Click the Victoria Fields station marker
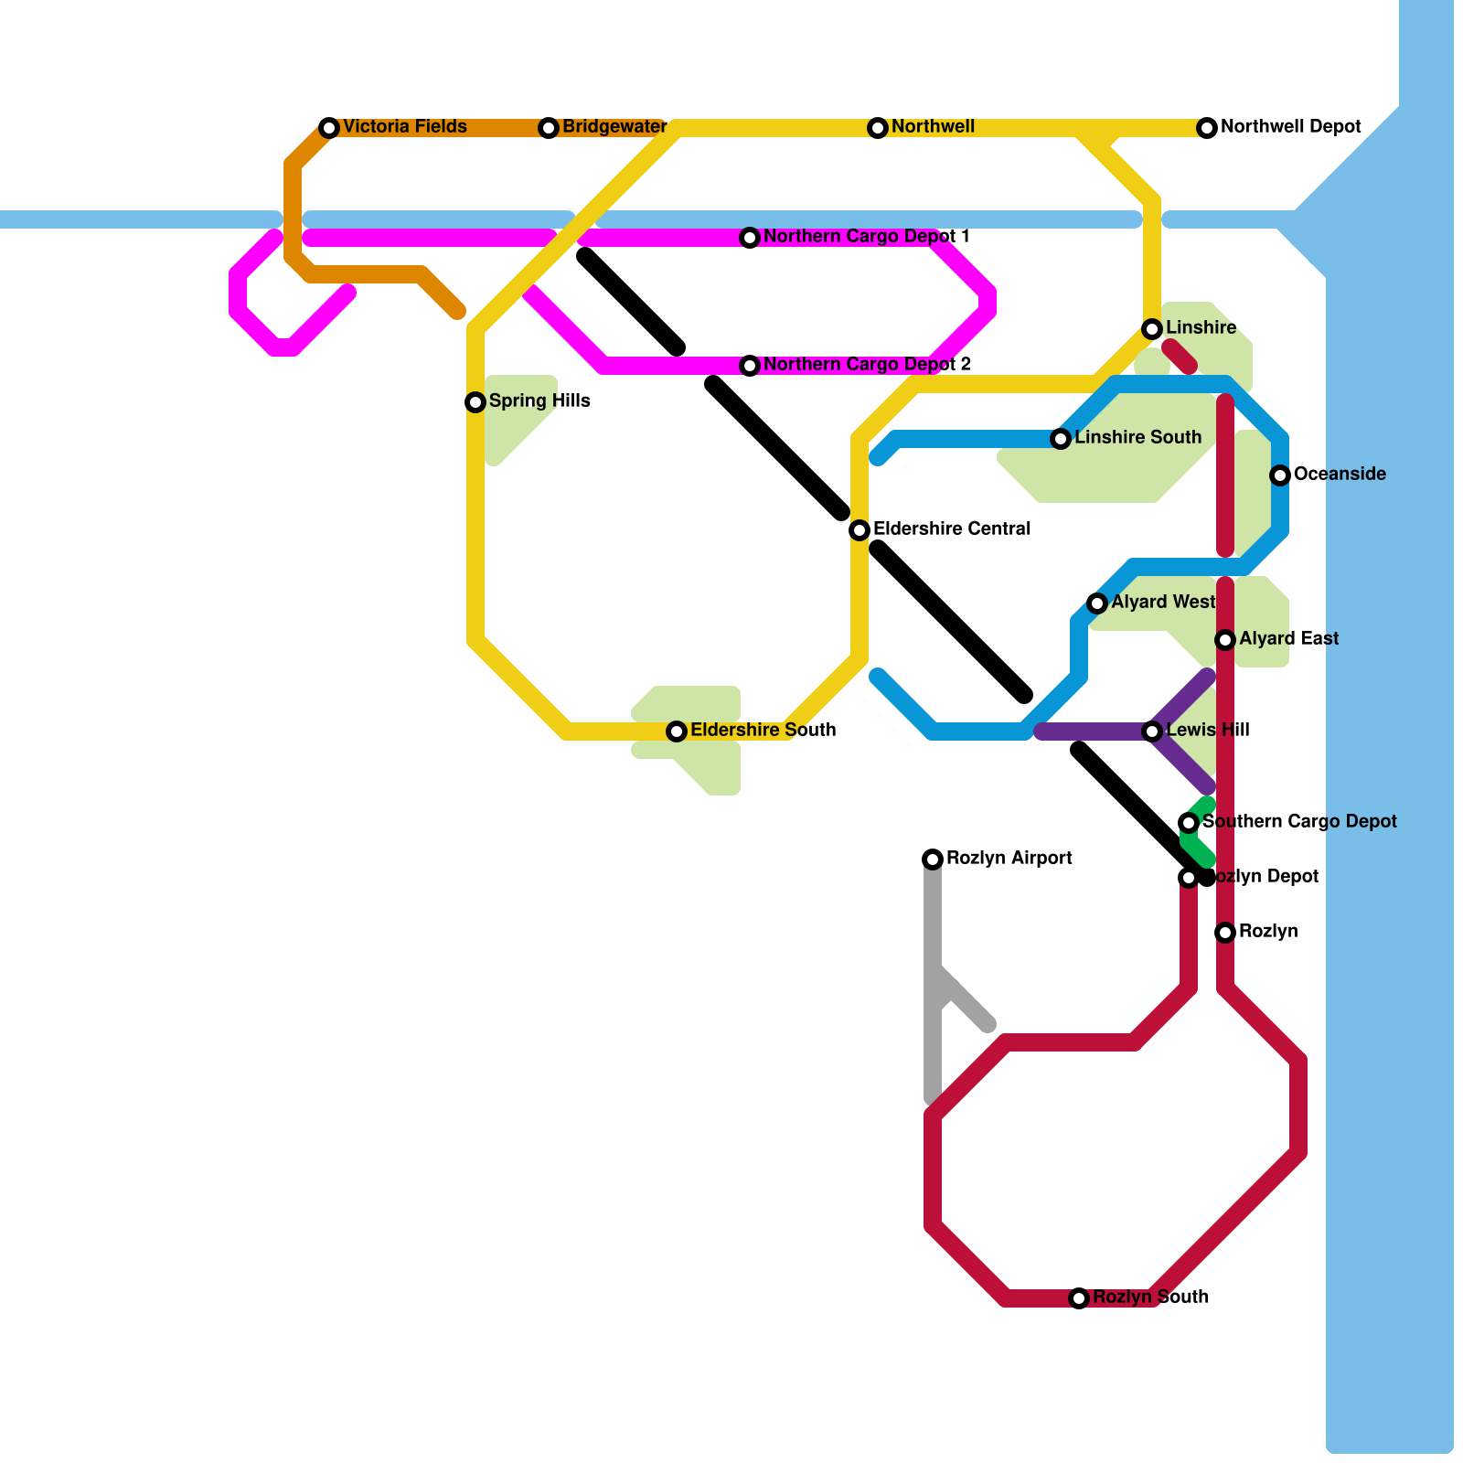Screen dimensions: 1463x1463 pos(329,128)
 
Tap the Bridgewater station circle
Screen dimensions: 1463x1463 pos(549,128)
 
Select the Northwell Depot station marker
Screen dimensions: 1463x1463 pos(1207,128)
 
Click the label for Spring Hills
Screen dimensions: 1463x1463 pos(539,401)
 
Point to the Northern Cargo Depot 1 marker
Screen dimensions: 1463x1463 pos(750,238)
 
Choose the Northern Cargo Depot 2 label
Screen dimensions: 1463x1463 pos(867,365)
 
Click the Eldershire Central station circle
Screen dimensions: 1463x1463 pos(860,530)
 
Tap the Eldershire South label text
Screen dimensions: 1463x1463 pos(763,731)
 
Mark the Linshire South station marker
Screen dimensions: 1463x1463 pos(1061,439)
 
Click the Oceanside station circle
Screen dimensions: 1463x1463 pos(1280,475)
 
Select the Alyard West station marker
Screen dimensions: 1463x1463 pos(1097,603)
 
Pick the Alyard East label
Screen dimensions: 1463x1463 pos(1288,639)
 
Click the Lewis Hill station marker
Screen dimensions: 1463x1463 pos(1152,731)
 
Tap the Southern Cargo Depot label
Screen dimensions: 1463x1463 pos(1299,822)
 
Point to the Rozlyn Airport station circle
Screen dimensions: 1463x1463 pos(933,860)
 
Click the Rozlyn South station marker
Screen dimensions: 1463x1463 pos(1079,1298)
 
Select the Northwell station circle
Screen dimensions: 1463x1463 pos(878,128)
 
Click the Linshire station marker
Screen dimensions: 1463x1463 pos(1152,329)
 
